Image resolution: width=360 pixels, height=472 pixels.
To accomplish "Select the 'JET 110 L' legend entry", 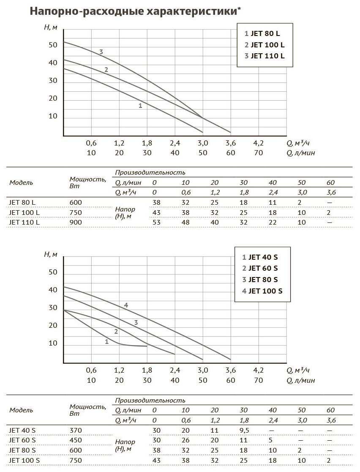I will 265,55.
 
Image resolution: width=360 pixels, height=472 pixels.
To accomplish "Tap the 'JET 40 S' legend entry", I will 260,257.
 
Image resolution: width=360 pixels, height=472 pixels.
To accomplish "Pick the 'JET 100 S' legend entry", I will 262,291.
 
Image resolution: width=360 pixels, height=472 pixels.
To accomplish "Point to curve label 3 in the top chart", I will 101,52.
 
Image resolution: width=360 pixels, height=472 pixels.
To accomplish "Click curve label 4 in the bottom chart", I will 126,305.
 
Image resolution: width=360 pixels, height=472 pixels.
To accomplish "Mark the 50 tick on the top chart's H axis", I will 53,44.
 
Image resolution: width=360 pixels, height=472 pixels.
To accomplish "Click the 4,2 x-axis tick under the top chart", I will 258,143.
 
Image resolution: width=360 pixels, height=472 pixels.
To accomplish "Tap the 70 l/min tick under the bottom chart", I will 258,380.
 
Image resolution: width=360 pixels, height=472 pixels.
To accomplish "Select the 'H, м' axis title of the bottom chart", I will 51,254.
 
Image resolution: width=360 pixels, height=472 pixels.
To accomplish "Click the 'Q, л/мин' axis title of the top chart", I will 301,153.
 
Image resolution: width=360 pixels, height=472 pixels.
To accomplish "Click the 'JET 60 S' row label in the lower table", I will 23,440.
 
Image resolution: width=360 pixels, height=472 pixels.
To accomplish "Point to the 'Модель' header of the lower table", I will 21,410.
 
